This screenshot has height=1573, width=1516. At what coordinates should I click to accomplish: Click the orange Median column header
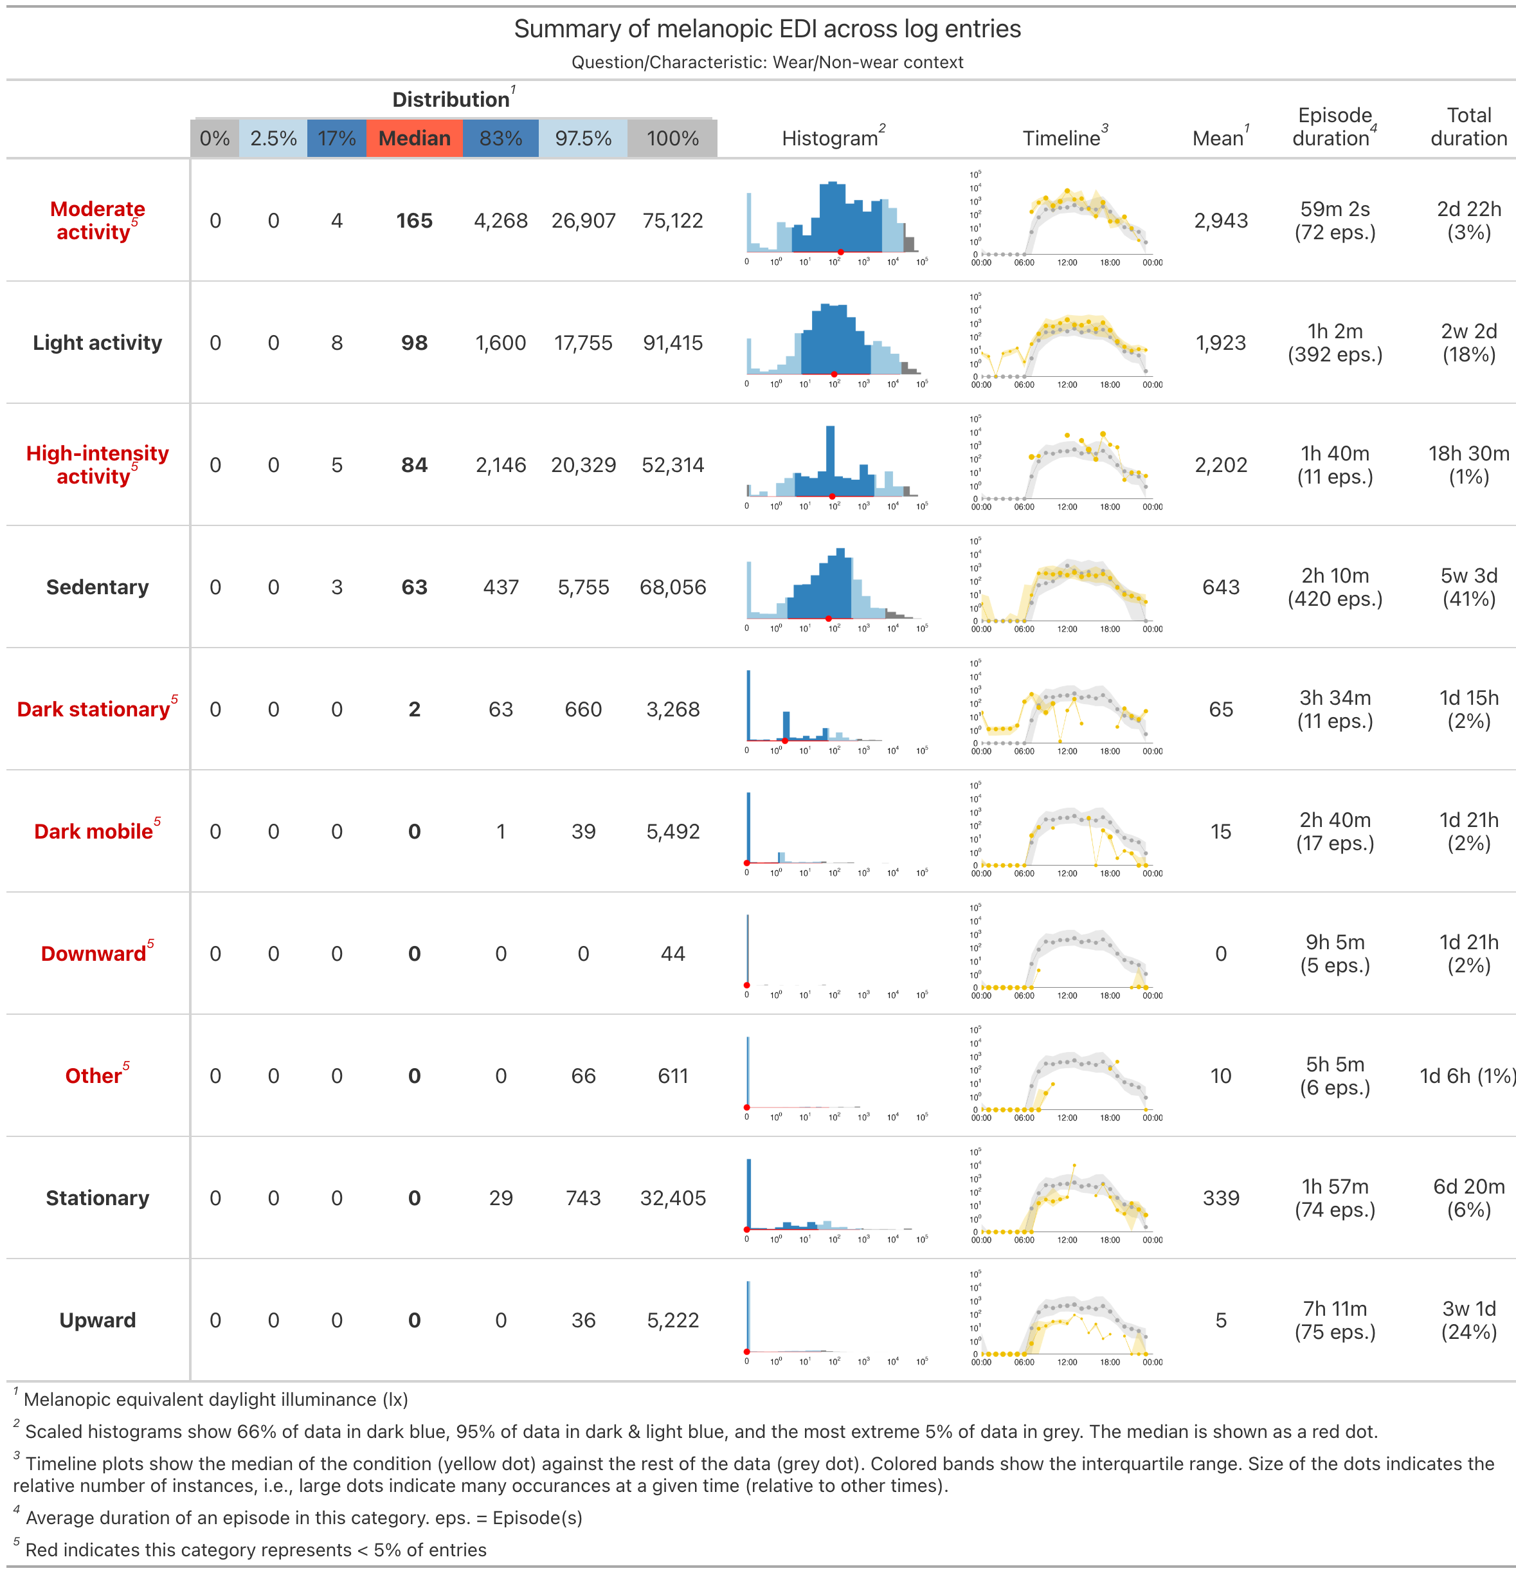pos(414,138)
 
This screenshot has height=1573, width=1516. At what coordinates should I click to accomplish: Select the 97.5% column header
pos(582,138)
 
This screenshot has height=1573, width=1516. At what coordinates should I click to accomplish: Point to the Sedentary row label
pos(97,586)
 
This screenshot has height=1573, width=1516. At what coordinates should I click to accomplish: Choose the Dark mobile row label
pos(93,831)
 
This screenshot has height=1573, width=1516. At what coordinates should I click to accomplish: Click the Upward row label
pos(97,1320)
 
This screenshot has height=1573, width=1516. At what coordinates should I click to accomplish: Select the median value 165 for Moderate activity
pos(414,221)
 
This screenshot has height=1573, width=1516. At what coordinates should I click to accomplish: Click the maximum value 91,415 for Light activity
pos(672,343)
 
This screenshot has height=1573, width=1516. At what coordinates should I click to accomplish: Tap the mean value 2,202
pos(1221,465)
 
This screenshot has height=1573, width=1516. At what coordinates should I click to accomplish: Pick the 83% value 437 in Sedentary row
pos(501,586)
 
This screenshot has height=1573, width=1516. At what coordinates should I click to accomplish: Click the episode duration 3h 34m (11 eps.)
pos(1335,709)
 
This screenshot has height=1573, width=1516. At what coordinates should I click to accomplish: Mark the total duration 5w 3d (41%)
pos(1468,586)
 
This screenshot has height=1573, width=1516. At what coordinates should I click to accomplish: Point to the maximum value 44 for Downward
pos(672,954)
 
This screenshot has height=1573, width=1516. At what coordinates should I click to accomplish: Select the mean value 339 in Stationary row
pos(1221,1197)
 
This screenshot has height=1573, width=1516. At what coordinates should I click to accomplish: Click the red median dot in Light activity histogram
pos(834,374)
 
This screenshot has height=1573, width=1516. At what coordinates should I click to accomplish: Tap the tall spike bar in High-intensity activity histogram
pos(830,457)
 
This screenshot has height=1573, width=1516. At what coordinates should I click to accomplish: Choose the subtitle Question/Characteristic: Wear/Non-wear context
pos(767,62)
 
